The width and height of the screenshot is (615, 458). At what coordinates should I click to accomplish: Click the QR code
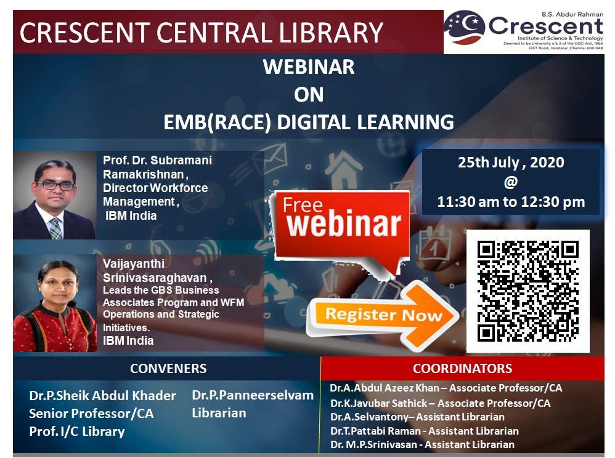coord(528,291)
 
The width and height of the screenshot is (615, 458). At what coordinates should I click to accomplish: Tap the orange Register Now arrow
coord(383,315)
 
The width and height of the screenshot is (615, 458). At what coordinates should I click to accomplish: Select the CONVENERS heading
coord(168,368)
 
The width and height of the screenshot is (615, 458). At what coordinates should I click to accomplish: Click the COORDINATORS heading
coord(462,368)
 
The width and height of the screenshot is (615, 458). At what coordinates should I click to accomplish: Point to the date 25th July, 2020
coord(511,162)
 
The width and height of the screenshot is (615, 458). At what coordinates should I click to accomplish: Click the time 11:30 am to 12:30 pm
coord(511,202)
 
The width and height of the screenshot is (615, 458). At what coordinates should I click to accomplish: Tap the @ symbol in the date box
coord(511,182)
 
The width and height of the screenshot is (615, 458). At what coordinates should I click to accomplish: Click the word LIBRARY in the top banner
coord(331,32)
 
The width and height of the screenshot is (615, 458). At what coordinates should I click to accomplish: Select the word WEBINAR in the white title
coord(309,66)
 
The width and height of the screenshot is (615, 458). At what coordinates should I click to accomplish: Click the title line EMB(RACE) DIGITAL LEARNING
coord(309,123)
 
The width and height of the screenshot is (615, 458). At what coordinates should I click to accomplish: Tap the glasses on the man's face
coord(55,186)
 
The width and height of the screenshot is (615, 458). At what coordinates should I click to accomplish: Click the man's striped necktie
coord(55,228)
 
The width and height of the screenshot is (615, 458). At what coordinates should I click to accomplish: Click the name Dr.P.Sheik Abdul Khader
coord(102,396)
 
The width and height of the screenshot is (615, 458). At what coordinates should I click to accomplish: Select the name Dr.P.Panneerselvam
coord(253,395)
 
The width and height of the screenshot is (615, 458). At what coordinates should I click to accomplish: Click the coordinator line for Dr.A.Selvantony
coord(417,417)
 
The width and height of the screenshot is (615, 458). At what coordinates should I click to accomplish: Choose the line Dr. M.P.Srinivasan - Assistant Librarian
coord(422,444)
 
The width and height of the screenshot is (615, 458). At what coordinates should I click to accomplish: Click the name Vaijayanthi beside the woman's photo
coord(134,264)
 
